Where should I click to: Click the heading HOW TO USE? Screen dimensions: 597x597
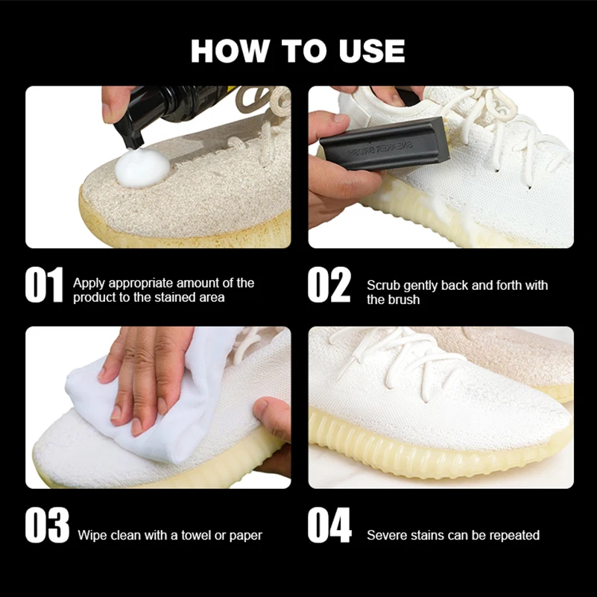[x=298, y=51]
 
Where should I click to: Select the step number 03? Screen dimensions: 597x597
[x=47, y=526]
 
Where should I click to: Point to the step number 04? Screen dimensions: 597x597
[x=329, y=526]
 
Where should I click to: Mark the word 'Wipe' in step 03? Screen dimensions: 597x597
[x=92, y=535]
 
